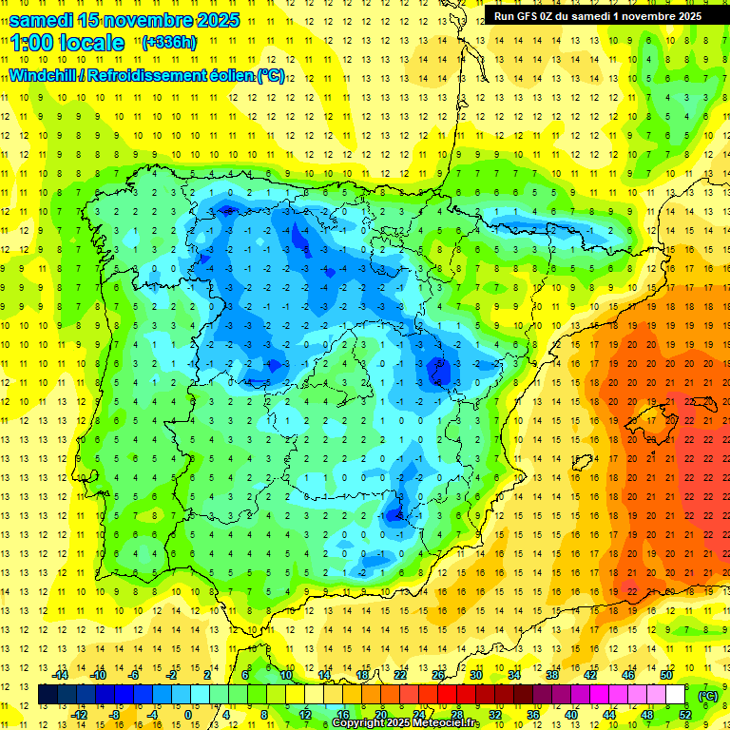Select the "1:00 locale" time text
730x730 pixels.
coord(68,43)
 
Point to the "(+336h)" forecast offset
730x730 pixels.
coord(168,42)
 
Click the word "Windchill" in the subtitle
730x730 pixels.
coord(44,76)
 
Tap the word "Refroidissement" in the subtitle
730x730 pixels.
coord(147,76)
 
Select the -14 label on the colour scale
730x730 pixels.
coord(60,674)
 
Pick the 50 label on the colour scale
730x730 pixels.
coord(667,674)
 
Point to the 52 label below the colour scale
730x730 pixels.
coord(685,714)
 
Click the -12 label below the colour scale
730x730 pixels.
coord(79,714)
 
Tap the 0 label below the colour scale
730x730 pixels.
coord(188,714)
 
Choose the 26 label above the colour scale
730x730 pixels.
coord(438,674)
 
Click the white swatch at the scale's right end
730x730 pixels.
coord(675,694)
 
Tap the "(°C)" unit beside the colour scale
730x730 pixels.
coord(708,695)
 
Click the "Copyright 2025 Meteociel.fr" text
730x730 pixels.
coord(406,723)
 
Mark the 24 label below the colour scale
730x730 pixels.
coord(418,714)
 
